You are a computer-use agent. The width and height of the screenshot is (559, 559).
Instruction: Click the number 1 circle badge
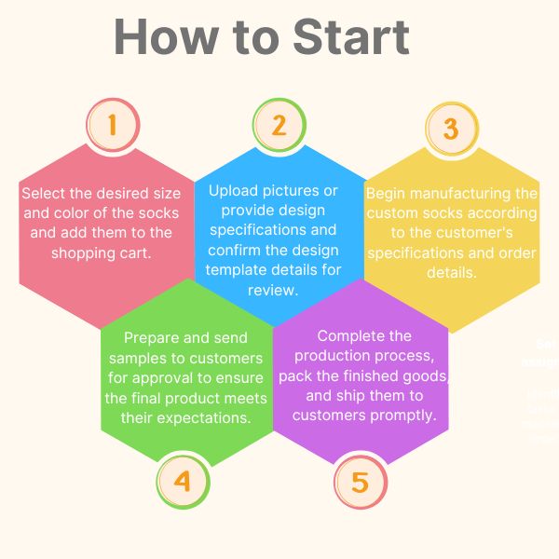113,125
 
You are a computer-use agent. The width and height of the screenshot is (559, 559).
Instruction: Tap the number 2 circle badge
279,125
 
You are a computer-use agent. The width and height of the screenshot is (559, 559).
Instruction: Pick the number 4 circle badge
182,482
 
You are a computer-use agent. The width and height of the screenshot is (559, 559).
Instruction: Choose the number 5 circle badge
359,484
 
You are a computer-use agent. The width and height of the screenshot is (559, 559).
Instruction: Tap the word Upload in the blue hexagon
234,191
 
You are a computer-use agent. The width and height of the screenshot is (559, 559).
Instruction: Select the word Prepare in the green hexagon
150,336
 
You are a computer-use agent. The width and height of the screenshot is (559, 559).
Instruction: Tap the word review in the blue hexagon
272,291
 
